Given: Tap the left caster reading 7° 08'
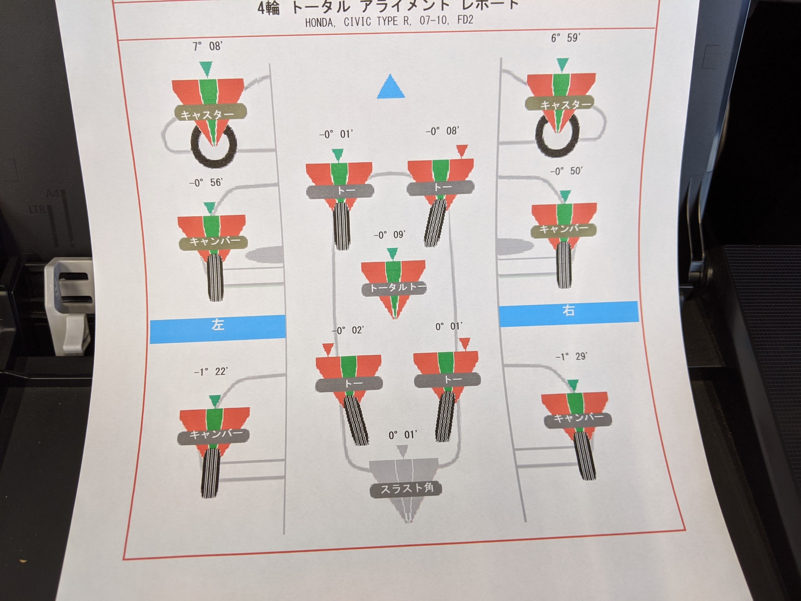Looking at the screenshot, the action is [x=207, y=46].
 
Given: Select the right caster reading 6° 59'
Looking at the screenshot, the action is [x=566, y=38].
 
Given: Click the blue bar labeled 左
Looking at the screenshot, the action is [x=218, y=329].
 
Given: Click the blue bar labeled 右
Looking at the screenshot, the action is [x=568, y=314].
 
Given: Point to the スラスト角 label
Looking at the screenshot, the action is [x=407, y=489].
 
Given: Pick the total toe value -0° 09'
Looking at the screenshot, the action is [x=389, y=235].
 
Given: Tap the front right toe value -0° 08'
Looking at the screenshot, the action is [x=442, y=131].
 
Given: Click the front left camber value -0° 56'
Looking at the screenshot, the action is [x=206, y=182].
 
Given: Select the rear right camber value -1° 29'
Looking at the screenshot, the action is [x=571, y=357].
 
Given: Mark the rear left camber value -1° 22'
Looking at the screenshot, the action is [x=211, y=372].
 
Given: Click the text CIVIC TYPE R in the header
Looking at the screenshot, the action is [x=376, y=22].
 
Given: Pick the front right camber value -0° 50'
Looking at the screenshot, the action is [x=566, y=171].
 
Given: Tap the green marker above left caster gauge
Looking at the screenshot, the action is [x=206, y=69].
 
